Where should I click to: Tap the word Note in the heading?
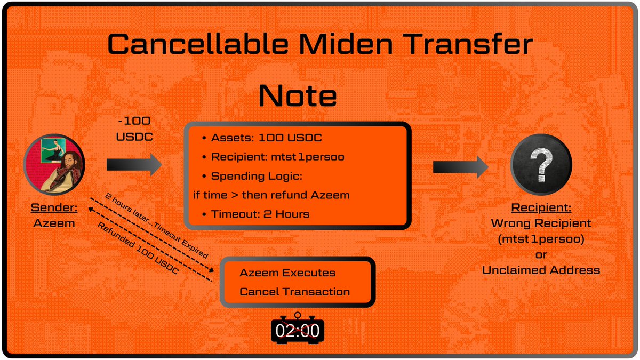[297, 96]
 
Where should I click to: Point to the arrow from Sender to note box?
[134, 165]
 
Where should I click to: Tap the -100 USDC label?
[134, 129]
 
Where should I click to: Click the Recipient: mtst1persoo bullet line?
[278, 157]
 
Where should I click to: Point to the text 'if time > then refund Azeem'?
[271, 195]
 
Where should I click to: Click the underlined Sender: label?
[54, 209]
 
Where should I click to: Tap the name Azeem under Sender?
[54, 223]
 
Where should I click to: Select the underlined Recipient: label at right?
[541, 208]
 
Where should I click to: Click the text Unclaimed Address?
[541, 270]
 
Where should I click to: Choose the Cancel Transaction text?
[294, 292]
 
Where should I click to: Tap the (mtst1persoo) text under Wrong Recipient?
[541, 239]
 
